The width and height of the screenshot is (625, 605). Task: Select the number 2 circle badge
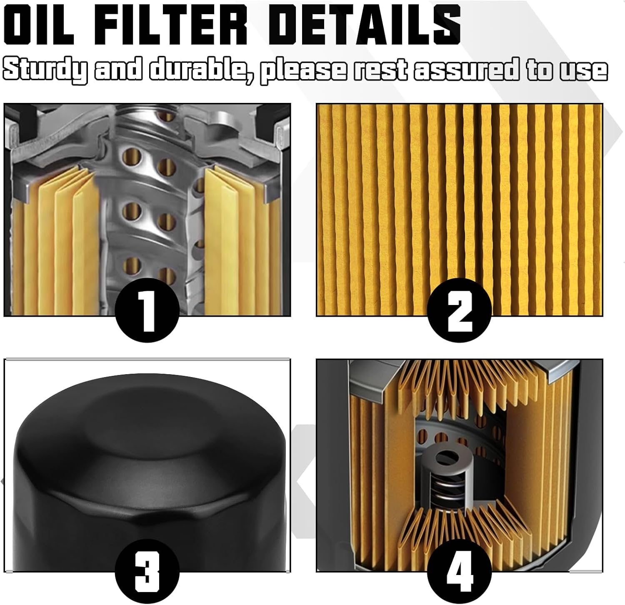(459, 313)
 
